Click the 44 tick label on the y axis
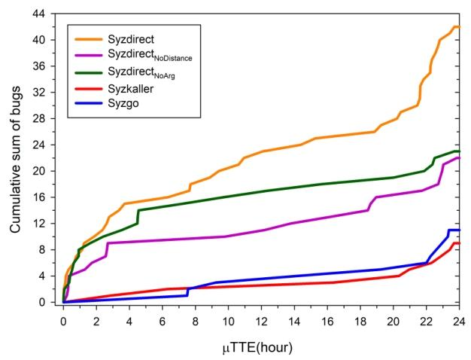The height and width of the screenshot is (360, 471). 49,14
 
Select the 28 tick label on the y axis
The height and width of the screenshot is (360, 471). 49,118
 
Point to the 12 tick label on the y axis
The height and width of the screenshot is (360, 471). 49,224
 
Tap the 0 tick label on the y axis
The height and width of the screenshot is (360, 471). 52,302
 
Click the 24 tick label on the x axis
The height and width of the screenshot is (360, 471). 459,319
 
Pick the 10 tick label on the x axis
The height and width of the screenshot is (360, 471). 229,319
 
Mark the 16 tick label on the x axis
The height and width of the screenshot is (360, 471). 327,319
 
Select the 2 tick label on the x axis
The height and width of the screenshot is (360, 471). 97,319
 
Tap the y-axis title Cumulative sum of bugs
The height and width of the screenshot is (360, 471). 16,157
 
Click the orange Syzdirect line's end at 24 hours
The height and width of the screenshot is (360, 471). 459,27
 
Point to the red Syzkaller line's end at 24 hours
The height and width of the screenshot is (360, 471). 459,243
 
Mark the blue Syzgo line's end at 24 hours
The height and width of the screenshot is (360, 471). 459,230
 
